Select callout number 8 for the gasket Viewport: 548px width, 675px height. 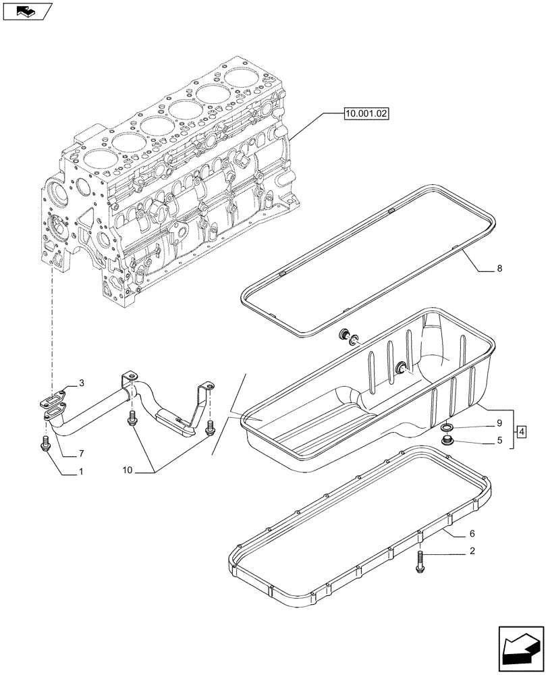tap(499, 269)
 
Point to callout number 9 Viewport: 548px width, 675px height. tap(499, 424)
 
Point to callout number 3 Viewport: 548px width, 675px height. tap(81, 383)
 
